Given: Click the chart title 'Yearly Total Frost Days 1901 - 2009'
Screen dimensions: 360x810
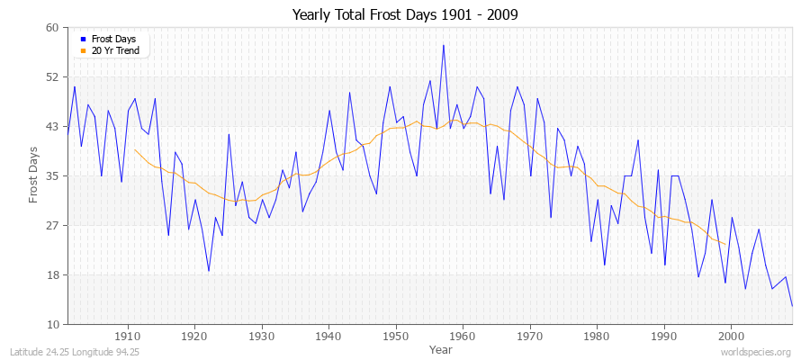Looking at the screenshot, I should pyautogui.click(x=405, y=14).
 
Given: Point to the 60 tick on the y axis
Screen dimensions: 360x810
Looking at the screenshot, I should pyautogui.click(x=52, y=28).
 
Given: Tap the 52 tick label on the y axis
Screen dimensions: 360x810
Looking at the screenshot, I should pyautogui.click(x=52, y=77).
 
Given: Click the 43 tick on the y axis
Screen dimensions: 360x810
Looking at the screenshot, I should pyautogui.click(x=52, y=127).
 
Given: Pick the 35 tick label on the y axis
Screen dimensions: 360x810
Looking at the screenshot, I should pyautogui.click(x=52, y=176).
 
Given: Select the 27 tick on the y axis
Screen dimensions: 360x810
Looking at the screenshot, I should pyautogui.click(x=52, y=226).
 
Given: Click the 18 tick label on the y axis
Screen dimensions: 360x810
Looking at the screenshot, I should pyautogui.click(x=52, y=275).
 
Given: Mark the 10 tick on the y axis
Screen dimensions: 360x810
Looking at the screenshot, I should pyautogui.click(x=52, y=325).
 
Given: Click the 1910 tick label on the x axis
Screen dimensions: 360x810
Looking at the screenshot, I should pyautogui.click(x=127, y=336).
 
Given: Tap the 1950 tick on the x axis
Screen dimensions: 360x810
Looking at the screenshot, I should pyautogui.click(x=396, y=336).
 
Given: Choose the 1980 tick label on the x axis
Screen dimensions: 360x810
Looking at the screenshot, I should pyautogui.click(x=597, y=336).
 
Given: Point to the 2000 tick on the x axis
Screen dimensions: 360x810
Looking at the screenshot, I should pyautogui.click(x=731, y=336).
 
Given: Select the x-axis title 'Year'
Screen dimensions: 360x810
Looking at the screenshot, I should pyautogui.click(x=441, y=348).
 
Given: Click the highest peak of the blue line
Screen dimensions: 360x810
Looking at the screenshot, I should pyautogui.click(x=443, y=45).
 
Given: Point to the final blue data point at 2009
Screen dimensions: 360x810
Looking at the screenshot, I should pyautogui.click(x=792, y=306).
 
